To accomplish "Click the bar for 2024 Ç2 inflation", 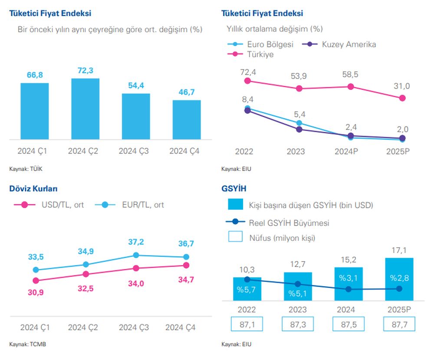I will [85, 109].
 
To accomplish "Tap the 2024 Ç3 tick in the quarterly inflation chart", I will [136, 151].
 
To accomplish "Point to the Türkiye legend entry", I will [260, 55].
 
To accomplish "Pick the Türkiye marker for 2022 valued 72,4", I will [248, 81].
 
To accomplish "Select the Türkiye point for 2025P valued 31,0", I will [402, 98].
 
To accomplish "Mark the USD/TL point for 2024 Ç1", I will [36, 281].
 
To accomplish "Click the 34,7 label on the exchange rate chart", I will [186, 280].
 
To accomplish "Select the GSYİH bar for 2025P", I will [399, 279].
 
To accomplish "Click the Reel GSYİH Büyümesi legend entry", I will [289, 223].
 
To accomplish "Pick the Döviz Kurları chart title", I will [33, 189].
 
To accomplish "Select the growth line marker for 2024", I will [349, 289].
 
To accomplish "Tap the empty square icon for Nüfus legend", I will [235, 238].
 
